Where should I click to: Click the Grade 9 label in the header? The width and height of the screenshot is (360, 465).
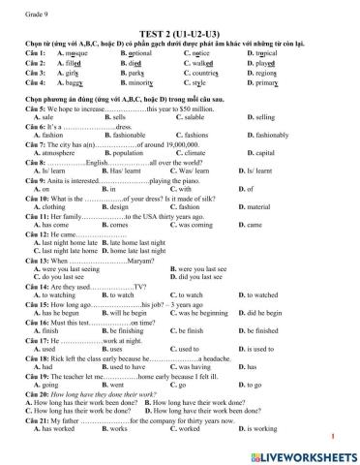tap(21, 8)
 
